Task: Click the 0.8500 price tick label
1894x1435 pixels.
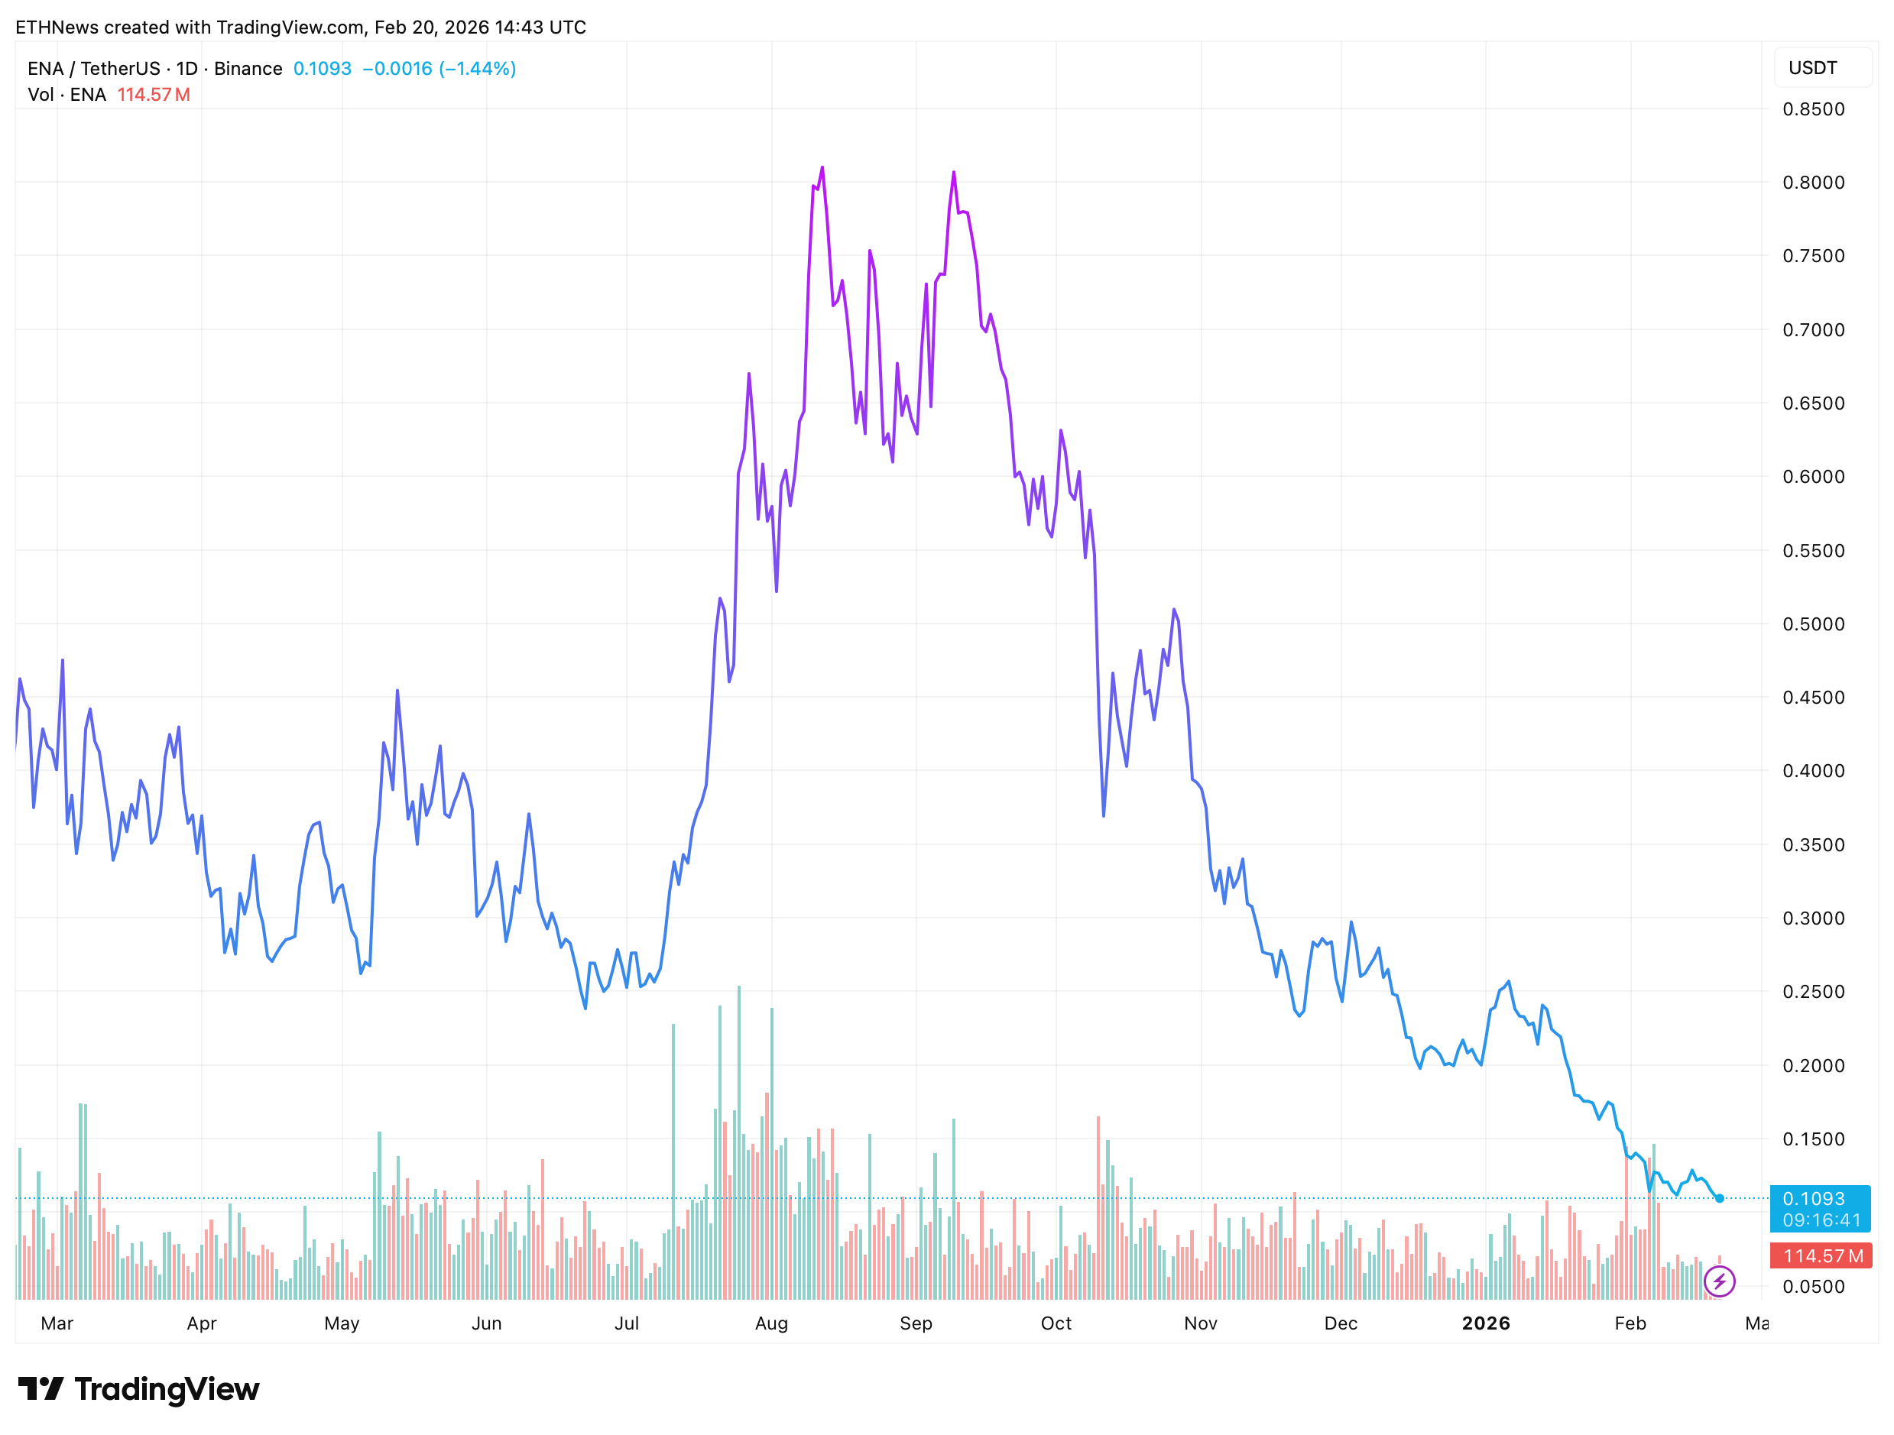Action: click(x=1813, y=109)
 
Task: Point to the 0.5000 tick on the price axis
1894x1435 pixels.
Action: click(x=1813, y=624)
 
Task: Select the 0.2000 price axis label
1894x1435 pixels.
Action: click(x=1813, y=1065)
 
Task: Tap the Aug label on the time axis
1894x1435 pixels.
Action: click(x=771, y=1323)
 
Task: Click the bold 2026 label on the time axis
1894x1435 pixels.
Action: click(x=1486, y=1323)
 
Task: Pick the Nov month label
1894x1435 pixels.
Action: click(x=1201, y=1323)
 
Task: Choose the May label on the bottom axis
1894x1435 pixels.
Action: click(x=342, y=1323)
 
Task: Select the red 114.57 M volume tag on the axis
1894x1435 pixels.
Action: click(x=1821, y=1256)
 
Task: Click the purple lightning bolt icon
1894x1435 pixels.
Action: click(x=1719, y=1281)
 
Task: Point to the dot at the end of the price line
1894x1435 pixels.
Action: click(x=1719, y=1199)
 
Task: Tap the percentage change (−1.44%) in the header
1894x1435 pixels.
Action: click(x=478, y=69)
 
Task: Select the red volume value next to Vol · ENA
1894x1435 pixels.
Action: click(x=154, y=95)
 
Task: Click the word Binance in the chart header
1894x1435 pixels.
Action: click(x=248, y=69)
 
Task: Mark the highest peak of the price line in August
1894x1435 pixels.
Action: click(x=822, y=168)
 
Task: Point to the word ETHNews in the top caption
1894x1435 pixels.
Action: click(x=57, y=28)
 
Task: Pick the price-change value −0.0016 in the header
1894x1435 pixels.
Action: click(x=397, y=69)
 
